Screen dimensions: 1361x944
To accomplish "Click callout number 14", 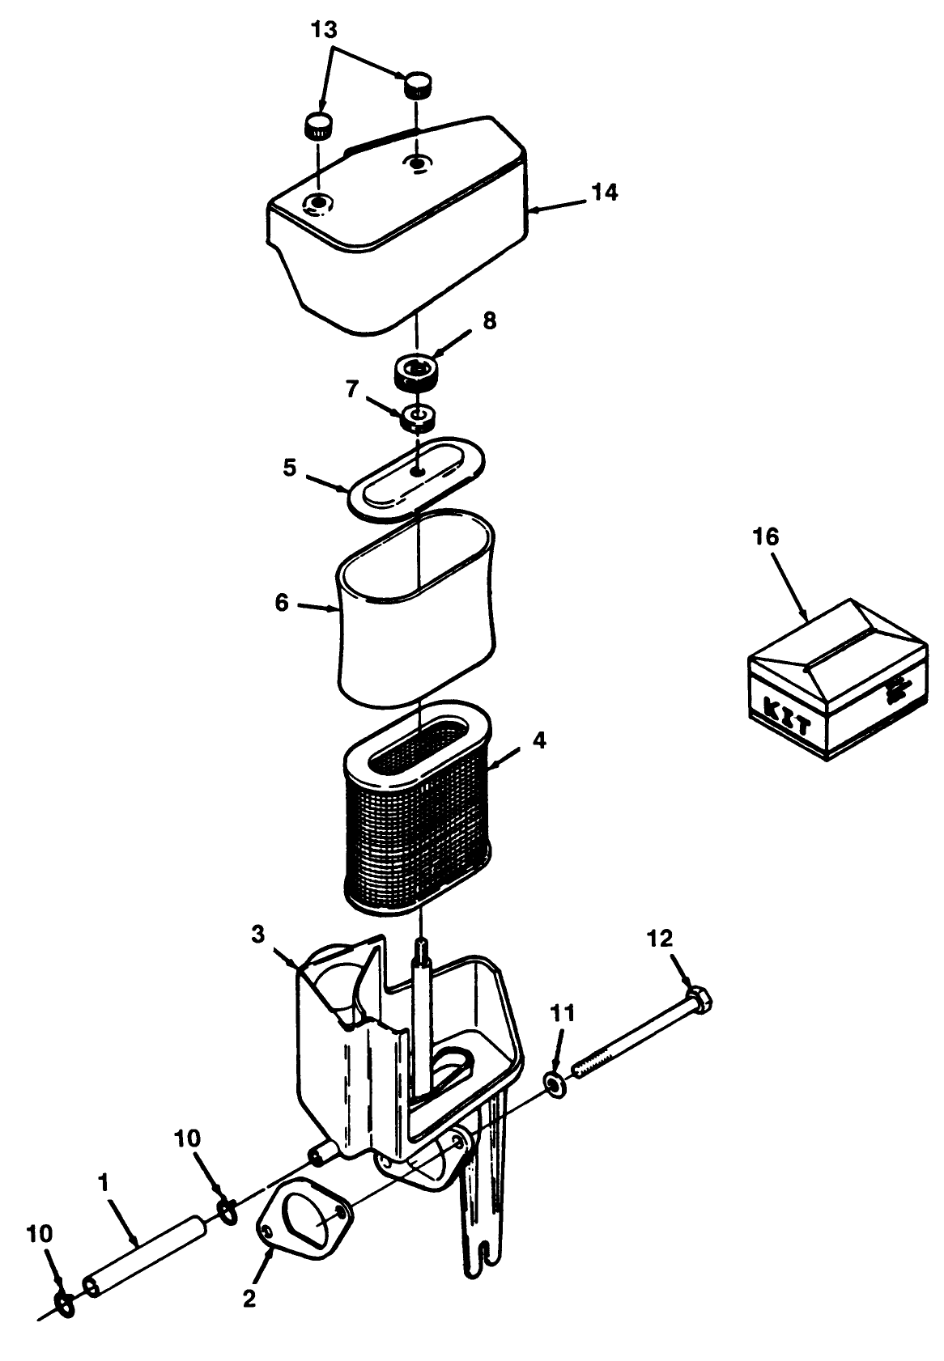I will click(604, 193).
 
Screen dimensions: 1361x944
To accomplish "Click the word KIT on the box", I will click(787, 718).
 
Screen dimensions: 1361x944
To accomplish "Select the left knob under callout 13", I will click(318, 126).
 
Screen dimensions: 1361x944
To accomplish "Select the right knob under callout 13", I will click(418, 83).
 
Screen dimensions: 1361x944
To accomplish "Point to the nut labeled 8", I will click(416, 373).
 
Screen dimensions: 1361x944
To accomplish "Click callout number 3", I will click(257, 935).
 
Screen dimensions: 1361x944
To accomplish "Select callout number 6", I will click(282, 603).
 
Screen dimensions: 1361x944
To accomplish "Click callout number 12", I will click(660, 939).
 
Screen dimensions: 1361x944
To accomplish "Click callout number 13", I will click(325, 31).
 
